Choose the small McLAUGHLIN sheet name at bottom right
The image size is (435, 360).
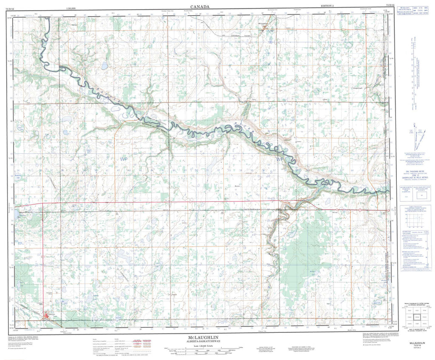(x=415, y=342)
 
